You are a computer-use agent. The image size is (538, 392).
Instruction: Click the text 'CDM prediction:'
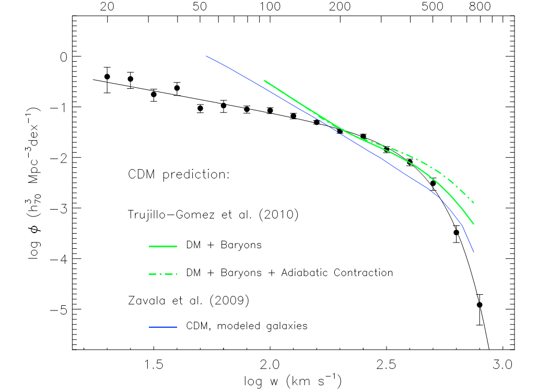tap(179, 175)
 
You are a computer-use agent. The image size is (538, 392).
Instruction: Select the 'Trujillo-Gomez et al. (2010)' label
tap(213, 215)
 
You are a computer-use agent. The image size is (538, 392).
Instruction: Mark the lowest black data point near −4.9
tap(479, 305)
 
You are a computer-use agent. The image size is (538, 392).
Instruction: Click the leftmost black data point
tap(107, 76)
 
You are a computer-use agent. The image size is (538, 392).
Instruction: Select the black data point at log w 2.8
tap(456, 233)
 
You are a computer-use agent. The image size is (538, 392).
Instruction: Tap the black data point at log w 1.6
tap(177, 88)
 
